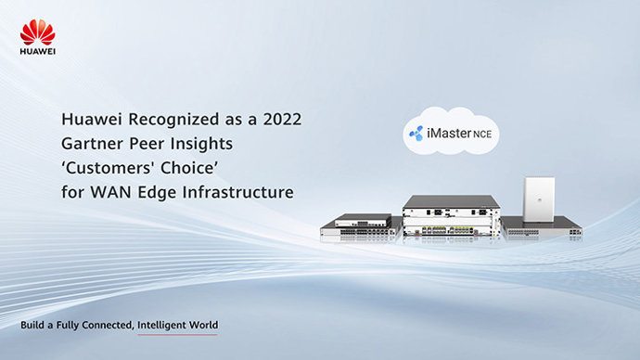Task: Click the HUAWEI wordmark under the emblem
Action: (37, 52)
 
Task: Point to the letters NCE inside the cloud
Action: (482, 135)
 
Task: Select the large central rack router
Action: (450, 219)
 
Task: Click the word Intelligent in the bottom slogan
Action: (179, 326)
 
